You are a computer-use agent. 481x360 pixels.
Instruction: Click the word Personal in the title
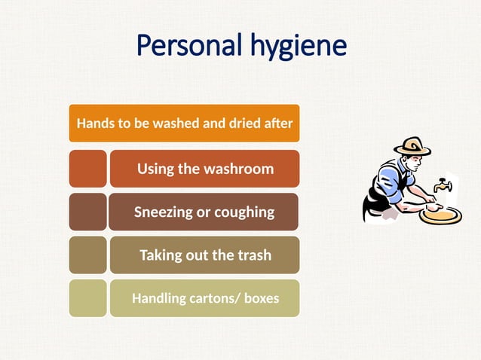(188, 47)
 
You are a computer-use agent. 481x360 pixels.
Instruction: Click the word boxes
(261, 298)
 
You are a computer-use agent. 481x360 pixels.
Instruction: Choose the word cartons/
(215, 298)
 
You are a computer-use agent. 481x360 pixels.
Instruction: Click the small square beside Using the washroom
(87, 169)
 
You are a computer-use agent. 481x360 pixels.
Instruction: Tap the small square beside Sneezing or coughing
(87, 212)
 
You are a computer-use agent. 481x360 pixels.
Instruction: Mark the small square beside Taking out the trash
(87, 255)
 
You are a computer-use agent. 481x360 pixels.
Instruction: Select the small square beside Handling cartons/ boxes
(87, 298)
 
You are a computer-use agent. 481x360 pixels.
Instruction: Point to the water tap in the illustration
(443, 185)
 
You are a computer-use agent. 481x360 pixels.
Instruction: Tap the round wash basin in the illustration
(440, 215)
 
